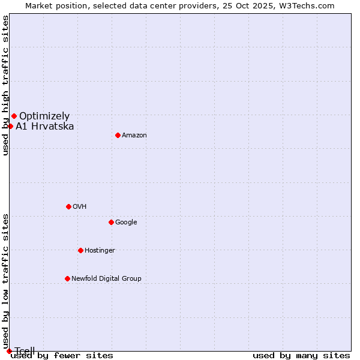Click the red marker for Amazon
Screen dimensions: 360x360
point(118,135)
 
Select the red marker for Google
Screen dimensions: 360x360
point(111,222)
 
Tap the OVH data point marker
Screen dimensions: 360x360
point(68,206)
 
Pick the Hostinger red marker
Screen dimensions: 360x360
point(80,250)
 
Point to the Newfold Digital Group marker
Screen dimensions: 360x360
point(67,278)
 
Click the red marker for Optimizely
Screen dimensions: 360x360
point(14,116)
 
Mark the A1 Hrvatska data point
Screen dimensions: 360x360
point(10,126)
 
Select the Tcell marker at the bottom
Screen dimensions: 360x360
point(9,351)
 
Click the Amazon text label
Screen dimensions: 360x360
point(134,136)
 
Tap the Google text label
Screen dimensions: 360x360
point(126,223)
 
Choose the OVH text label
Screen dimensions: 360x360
point(80,207)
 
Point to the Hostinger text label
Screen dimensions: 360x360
point(100,251)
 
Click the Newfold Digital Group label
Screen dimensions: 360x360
point(106,279)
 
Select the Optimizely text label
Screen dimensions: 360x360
point(44,116)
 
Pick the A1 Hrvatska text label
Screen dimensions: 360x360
point(45,127)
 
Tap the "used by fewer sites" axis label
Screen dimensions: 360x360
point(62,356)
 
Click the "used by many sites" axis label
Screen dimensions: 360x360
point(301,356)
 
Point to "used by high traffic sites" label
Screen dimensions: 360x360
point(6,85)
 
